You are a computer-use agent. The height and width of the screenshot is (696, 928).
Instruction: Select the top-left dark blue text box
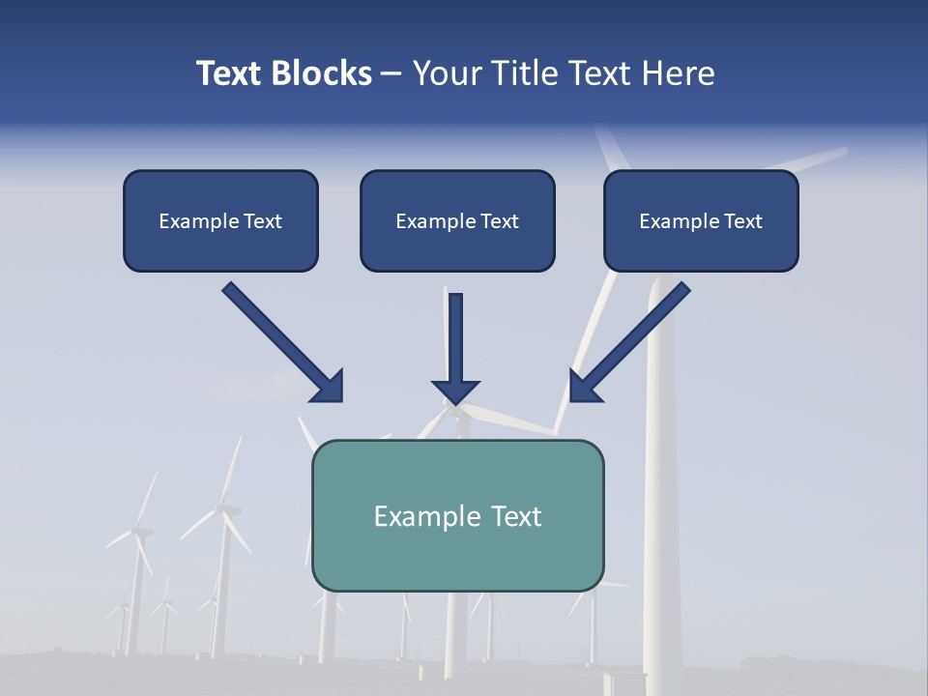click(x=220, y=220)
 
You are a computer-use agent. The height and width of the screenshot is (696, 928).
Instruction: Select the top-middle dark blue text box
click(x=457, y=220)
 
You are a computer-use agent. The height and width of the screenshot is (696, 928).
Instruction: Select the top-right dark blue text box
click(x=701, y=220)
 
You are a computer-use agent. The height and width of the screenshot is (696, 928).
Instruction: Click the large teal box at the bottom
click(x=457, y=515)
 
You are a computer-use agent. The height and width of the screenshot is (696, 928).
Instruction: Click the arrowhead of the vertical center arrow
click(x=455, y=391)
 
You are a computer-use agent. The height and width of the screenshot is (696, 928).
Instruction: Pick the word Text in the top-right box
click(x=742, y=221)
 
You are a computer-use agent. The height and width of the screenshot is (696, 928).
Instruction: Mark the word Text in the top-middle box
click(x=499, y=221)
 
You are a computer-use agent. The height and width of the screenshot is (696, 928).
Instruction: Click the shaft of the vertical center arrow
click(x=455, y=333)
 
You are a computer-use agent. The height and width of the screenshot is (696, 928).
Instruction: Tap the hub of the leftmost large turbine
click(x=141, y=531)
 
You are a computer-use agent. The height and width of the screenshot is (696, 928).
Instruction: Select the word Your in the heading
click(x=446, y=73)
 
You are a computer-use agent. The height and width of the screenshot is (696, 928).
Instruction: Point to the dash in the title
click(x=391, y=74)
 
